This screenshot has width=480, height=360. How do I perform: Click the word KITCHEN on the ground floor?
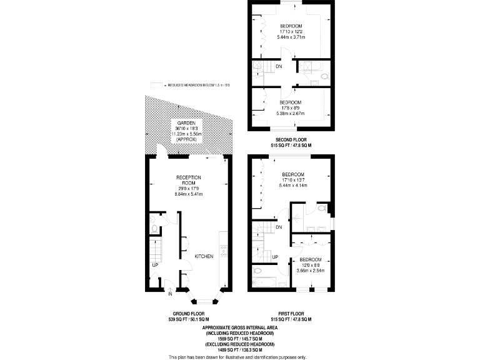point(204,257)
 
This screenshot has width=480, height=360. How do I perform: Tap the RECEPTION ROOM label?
point(188,182)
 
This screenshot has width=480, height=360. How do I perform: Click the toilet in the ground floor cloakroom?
point(154,229)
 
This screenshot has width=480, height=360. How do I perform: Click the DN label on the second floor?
point(279,66)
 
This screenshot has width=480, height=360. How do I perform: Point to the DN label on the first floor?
point(279,227)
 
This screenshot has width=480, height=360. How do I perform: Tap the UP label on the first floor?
point(275,257)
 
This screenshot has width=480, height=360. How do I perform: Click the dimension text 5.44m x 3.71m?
point(291,38)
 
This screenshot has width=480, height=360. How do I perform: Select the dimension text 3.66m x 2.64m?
point(310,271)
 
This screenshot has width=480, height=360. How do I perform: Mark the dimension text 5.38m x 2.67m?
point(290,114)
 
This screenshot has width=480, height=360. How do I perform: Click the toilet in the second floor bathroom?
point(322,77)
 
